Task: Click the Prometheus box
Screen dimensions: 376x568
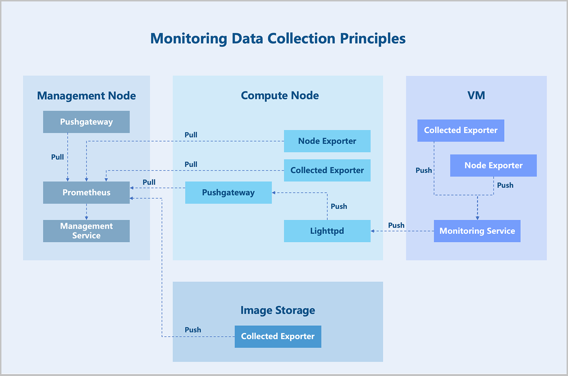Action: tap(86, 193)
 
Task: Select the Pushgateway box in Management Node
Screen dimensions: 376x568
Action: tap(86, 122)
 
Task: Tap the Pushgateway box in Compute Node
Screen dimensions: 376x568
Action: tap(228, 193)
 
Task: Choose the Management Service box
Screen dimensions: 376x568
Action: tap(86, 231)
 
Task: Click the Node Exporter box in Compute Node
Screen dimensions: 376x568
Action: tap(327, 141)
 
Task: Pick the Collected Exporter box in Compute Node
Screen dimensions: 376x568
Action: tap(327, 170)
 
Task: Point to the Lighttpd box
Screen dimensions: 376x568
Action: tap(327, 231)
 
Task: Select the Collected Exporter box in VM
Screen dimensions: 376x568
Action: tap(461, 130)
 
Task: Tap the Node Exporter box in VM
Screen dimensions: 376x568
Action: tap(493, 165)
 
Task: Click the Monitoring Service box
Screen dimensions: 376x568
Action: tap(477, 231)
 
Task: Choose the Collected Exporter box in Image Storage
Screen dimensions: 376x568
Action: tap(278, 336)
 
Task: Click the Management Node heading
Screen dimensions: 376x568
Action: tap(86, 96)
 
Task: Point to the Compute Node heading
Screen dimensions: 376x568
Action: tap(280, 96)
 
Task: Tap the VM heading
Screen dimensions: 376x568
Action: tap(476, 96)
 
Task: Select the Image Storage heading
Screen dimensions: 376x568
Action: tap(277, 311)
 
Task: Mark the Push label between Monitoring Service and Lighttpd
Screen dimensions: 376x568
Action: tap(396, 225)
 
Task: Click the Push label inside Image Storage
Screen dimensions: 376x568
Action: tap(193, 330)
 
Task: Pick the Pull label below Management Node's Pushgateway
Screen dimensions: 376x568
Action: tap(57, 157)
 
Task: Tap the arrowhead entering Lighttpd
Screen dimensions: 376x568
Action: tap(373, 231)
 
